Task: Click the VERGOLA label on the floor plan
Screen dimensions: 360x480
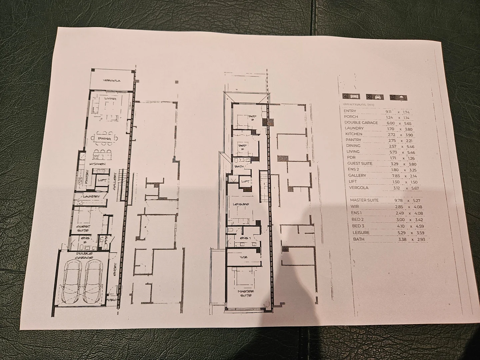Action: (111, 81)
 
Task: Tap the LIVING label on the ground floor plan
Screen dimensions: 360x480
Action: (110, 99)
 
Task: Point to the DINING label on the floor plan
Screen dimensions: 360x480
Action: (104, 139)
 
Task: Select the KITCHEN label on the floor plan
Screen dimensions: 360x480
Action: (97, 164)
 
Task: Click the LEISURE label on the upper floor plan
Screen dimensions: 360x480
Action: (241, 204)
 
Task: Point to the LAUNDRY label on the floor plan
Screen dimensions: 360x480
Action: (91, 196)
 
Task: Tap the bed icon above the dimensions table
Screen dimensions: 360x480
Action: (352, 97)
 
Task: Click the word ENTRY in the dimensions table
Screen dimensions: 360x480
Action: (350, 111)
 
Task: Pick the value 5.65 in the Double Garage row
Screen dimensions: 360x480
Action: (408, 123)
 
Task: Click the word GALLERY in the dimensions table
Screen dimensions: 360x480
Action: (357, 175)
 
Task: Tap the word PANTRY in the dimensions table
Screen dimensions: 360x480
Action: (353, 140)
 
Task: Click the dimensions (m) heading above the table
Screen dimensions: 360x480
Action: (359, 104)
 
